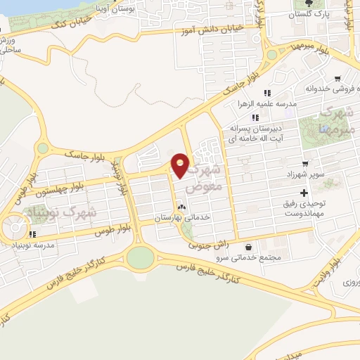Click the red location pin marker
pos(181,165)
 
